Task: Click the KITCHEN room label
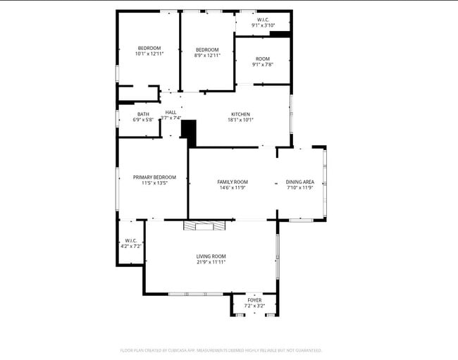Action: click(240, 114)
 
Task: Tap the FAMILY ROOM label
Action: click(233, 182)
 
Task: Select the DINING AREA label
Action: click(300, 182)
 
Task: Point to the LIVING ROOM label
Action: click(211, 256)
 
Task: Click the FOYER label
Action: click(254, 300)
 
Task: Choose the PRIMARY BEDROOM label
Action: click(154, 178)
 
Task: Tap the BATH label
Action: click(143, 114)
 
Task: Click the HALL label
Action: click(171, 112)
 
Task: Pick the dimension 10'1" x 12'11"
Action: click(149, 54)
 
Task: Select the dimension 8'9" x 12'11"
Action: click(208, 55)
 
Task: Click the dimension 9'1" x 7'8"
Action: click(262, 65)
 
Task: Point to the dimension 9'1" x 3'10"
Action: click(263, 25)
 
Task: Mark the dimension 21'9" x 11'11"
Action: click(211, 262)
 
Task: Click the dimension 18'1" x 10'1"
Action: click(240, 120)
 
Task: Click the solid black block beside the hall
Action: click(188, 132)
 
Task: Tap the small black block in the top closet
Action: click(280, 33)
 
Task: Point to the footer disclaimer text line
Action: click(221, 350)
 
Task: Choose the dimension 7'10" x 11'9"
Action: click(300, 188)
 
